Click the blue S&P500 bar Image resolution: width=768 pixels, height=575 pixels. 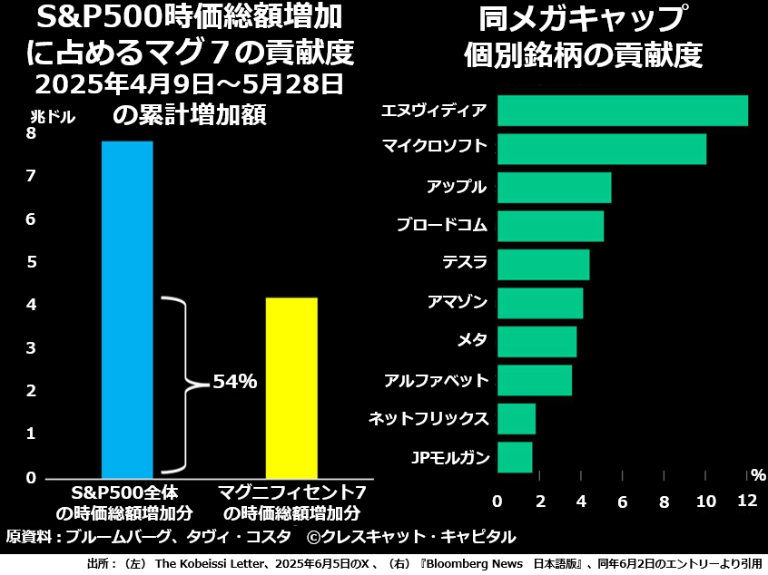[x=127, y=308]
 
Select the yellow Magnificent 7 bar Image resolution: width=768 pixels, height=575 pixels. [x=291, y=386]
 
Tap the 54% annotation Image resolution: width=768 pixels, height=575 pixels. [x=235, y=383]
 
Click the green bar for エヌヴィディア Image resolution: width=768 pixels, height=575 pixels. [x=623, y=111]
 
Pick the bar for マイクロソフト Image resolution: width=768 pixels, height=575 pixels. [x=602, y=149]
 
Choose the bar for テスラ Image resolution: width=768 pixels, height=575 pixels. [x=544, y=264]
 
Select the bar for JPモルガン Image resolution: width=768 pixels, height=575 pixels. [x=515, y=457]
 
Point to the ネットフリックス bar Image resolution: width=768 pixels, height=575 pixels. [x=517, y=419]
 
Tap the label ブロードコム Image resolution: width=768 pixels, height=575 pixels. [x=442, y=225]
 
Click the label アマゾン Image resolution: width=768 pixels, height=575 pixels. [x=458, y=302]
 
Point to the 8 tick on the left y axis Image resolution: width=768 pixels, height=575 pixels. [x=32, y=133]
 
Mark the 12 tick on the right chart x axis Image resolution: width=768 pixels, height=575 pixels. [x=747, y=502]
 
